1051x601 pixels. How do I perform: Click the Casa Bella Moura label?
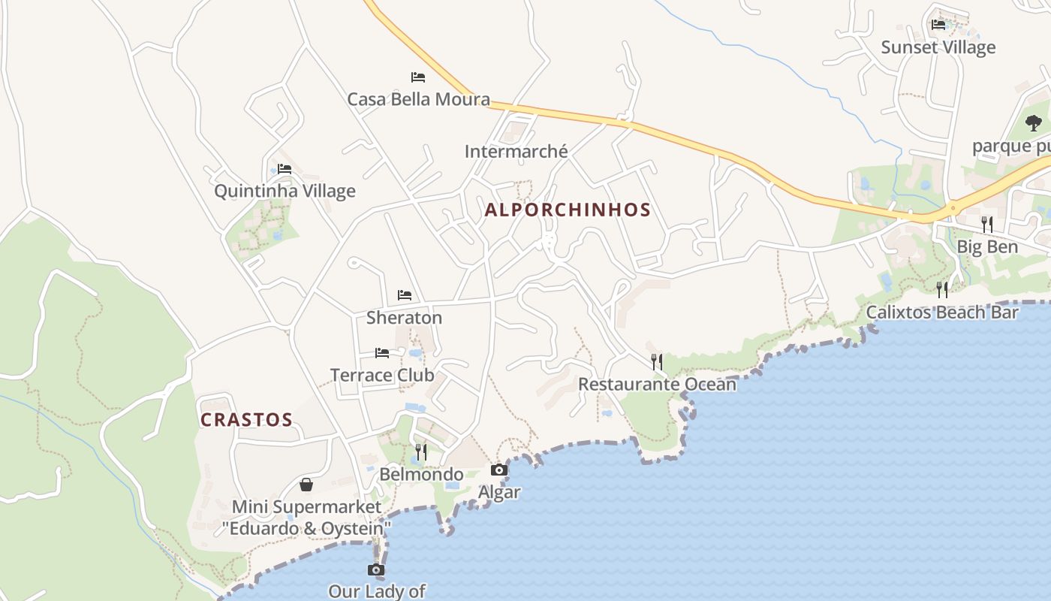coord(418,98)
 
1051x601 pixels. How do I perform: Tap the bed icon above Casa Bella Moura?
coord(418,77)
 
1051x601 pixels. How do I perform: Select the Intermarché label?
coord(516,151)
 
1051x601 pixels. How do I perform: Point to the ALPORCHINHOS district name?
coord(568,210)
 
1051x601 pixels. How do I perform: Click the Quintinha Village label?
coord(285,191)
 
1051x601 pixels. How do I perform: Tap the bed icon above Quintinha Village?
coord(285,169)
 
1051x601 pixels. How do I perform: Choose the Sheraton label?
coord(404,317)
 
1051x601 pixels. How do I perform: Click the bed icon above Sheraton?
coord(405,295)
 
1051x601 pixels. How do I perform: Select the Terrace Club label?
coord(382,374)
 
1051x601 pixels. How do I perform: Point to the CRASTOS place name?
coord(246,419)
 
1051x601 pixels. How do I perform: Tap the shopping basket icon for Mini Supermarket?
coord(306,485)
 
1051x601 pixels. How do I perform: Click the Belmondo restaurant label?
coord(421,474)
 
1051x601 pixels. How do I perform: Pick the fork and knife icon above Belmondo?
coord(421,452)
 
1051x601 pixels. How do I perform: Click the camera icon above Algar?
coord(499,470)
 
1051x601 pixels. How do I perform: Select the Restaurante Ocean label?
coord(657,384)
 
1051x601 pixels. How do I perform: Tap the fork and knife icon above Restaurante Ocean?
coord(657,362)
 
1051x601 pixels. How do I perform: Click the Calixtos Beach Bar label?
coord(942,312)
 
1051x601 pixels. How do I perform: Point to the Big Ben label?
coord(987,246)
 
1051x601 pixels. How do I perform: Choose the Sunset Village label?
coord(938,47)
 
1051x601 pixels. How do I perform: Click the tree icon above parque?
coord(1034,122)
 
